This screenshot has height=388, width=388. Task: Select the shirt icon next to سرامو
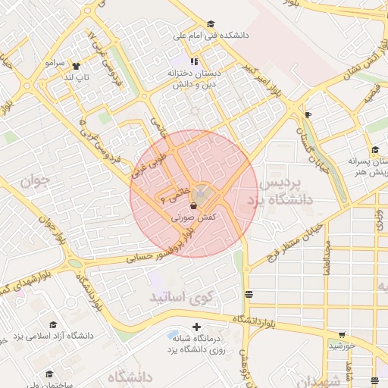(75, 65)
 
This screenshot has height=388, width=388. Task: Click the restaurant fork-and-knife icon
(194, 61)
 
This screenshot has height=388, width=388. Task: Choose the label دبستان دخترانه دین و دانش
(198, 79)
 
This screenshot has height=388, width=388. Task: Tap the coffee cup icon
(308, 115)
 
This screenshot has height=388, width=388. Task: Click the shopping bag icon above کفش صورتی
(194, 205)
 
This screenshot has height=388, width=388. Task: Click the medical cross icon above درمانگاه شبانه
(197, 327)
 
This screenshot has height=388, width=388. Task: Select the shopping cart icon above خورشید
(342, 335)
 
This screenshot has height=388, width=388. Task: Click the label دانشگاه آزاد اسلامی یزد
(48, 335)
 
